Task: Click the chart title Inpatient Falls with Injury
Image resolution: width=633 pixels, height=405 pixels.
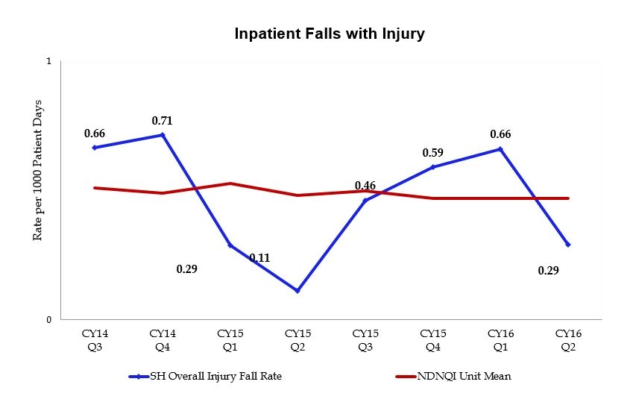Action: (330, 34)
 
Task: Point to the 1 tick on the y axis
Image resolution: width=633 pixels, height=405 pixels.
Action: (48, 61)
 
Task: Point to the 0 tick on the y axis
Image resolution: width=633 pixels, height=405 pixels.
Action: (48, 320)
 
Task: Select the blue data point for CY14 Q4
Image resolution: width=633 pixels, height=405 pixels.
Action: (162, 135)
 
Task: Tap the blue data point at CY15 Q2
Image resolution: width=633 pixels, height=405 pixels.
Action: (297, 291)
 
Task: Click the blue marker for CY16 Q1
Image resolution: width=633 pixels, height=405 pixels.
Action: (500, 149)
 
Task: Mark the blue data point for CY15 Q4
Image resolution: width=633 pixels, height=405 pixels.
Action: (432, 167)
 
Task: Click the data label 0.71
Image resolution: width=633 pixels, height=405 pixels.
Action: (162, 120)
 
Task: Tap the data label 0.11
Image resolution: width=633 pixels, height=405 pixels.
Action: (259, 258)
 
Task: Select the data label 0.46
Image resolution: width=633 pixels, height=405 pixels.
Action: (365, 186)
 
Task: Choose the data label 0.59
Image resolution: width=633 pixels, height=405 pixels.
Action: (432, 152)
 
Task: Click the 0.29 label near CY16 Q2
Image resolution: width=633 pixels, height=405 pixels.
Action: (548, 271)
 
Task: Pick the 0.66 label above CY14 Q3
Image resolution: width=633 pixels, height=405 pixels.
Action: (95, 134)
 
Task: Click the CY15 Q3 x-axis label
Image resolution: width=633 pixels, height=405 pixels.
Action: (365, 339)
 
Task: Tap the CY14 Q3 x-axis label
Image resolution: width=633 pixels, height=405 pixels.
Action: (95, 339)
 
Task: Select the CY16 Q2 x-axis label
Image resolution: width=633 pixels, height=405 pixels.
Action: (568, 339)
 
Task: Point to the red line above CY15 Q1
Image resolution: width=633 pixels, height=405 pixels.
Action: (230, 183)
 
